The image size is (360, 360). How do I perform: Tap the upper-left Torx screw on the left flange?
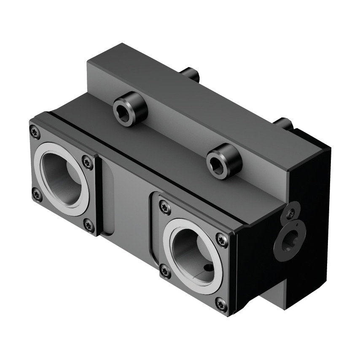pos(35,132)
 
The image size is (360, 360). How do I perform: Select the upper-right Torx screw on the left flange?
pos(88,161)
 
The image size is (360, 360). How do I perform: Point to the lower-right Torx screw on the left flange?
pos(89,226)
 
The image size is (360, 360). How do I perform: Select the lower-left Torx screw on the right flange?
pos(165,272)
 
